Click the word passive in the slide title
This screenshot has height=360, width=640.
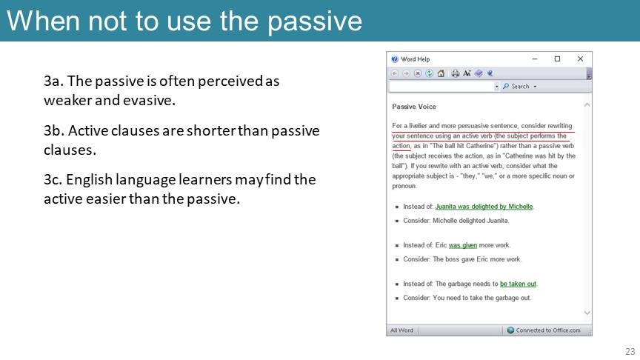tap(315, 22)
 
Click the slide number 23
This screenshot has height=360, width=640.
tap(630, 351)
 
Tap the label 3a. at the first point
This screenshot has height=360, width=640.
tap(54, 81)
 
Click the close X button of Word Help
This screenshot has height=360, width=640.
tap(580, 59)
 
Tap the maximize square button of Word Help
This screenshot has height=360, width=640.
tap(557, 59)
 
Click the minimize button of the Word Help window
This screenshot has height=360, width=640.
tap(535, 59)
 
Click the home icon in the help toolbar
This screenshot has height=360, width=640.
tap(441, 73)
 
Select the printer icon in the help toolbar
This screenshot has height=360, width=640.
tap(455, 73)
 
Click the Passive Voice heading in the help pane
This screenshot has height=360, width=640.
tap(414, 107)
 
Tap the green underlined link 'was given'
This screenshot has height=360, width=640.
tap(462, 245)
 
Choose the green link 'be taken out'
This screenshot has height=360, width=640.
tap(518, 284)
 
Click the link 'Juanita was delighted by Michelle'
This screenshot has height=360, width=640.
tap(484, 207)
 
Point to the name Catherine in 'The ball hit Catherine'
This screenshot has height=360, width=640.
tap(480, 146)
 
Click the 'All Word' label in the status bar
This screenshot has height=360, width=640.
tap(401, 330)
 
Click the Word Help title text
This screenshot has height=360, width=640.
tap(415, 59)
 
